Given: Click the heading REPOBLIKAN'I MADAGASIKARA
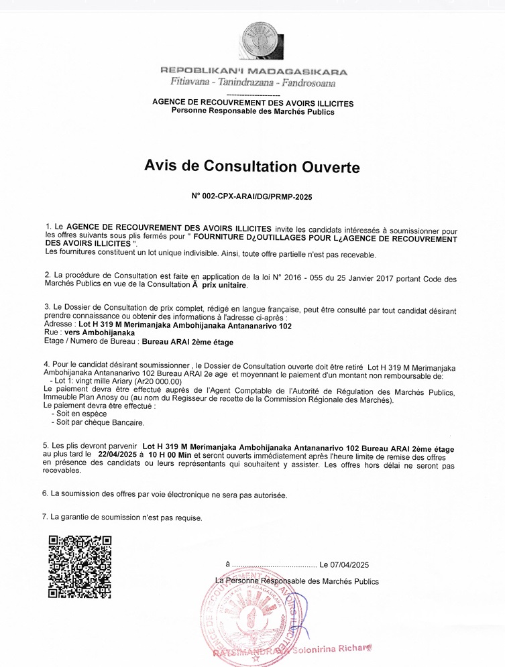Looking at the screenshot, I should point(254,72).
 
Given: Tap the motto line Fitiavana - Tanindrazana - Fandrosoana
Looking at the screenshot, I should point(254,83).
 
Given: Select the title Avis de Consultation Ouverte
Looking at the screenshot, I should point(252,166).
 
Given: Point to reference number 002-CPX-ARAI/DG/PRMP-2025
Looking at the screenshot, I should point(257,197).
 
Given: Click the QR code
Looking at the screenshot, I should point(80,566).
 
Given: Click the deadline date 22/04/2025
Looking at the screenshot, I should point(117,454).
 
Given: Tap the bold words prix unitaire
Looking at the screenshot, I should point(225,286).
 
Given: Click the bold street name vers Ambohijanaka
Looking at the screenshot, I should point(99,332).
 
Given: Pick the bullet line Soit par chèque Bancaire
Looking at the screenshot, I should point(100,422).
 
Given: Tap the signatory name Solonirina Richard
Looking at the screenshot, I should point(331,650).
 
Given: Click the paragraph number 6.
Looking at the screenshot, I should point(45,494).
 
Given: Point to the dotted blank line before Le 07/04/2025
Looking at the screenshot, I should point(274,564).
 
